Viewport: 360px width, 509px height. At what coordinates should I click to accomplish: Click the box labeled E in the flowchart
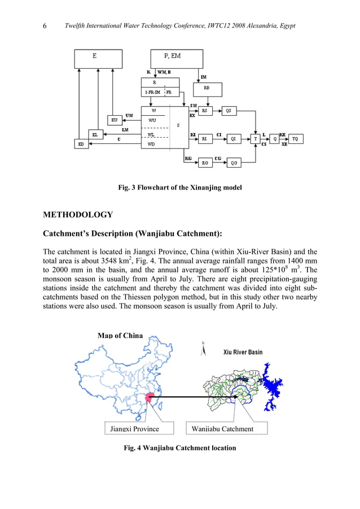click(x=98, y=58)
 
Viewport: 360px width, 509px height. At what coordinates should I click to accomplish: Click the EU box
click(x=115, y=120)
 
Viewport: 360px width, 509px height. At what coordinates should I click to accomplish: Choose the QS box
click(x=229, y=111)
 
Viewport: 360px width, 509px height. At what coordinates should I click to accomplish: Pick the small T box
click(x=256, y=138)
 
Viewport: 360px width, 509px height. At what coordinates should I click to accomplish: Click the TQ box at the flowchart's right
click(x=296, y=138)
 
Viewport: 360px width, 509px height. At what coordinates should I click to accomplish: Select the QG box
click(x=234, y=163)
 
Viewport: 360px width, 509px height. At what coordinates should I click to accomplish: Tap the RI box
click(x=205, y=138)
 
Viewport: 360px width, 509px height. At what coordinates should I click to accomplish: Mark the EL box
click(x=96, y=135)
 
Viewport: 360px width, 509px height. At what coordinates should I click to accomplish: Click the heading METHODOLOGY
click(x=78, y=215)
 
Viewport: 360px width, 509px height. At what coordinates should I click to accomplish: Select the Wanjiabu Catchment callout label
click(x=223, y=429)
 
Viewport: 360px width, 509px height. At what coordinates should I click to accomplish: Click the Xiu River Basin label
click(x=243, y=352)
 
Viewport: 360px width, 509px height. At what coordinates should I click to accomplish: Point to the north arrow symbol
click(x=203, y=350)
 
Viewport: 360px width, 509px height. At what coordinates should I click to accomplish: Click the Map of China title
click(x=121, y=336)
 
